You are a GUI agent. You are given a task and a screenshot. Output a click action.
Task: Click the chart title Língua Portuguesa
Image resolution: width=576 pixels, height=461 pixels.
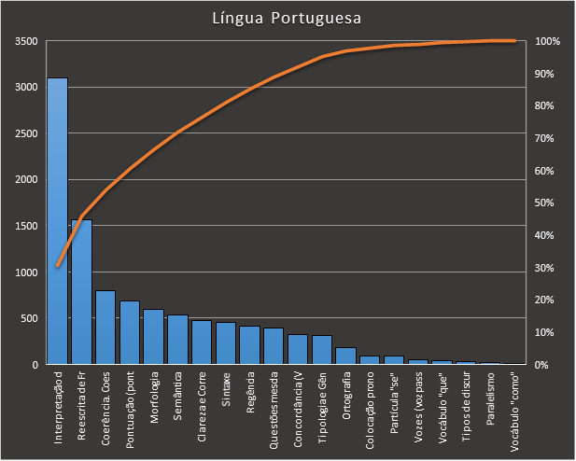pyautogui.click(x=287, y=18)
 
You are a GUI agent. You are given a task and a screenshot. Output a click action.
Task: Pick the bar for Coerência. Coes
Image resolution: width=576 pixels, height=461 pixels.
pyautogui.click(x=105, y=328)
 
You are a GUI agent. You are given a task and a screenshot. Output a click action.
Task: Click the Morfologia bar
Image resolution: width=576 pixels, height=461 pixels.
pyautogui.click(x=154, y=337)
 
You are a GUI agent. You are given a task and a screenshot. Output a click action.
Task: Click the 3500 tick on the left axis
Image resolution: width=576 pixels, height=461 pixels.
pyautogui.click(x=26, y=42)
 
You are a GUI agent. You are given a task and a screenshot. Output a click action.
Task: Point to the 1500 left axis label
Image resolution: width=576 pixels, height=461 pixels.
pyautogui.click(x=26, y=227)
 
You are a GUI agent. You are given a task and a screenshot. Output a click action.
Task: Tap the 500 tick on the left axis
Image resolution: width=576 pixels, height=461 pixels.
pyautogui.click(x=29, y=319)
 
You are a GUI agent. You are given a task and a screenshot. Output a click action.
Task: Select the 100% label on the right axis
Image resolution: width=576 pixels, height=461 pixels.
pyautogui.click(x=548, y=42)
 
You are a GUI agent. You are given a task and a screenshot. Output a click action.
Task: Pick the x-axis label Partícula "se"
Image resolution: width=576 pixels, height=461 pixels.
pyautogui.click(x=395, y=401)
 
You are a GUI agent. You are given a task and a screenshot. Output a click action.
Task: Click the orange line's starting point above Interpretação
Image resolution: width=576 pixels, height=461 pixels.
pyautogui.click(x=57, y=266)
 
